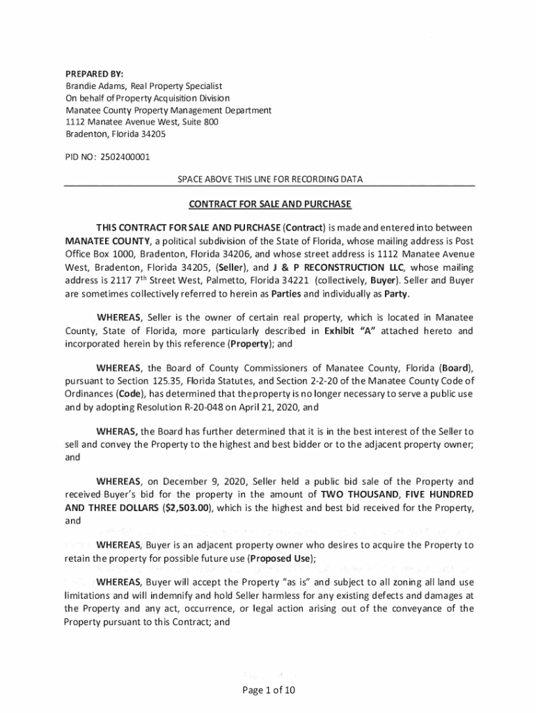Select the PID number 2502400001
click(125, 157)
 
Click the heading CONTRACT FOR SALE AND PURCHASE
click(270, 204)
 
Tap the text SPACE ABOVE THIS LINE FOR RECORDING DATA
click(270, 180)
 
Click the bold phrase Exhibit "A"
click(350, 330)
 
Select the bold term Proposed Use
click(281, 558)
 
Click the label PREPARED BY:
click(90, 75)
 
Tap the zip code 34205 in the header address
click(152, 134)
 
